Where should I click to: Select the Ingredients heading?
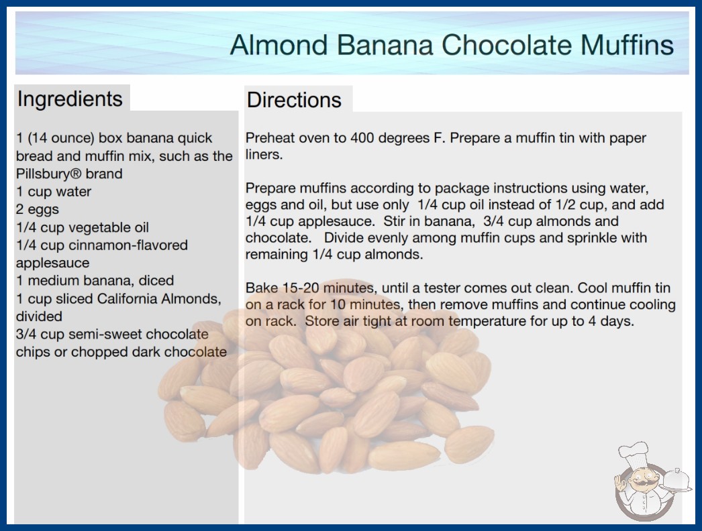pos(70,99)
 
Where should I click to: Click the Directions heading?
pos(294,100)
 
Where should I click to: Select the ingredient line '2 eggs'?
pos(38,209)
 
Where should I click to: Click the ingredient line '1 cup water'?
pos(54,192)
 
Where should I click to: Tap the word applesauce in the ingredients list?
pos(53,263)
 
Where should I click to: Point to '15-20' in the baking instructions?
pos(301,288)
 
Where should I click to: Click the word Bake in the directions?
pos(262,288)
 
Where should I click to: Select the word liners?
pos(264,154)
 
